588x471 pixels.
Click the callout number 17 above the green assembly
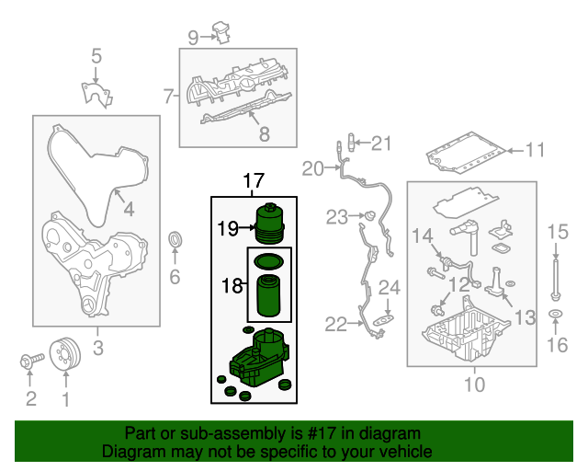click(253, 181)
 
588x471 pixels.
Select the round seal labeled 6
click(175, 241)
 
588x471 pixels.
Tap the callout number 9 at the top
click(193, 37)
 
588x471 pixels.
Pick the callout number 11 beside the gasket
click(535, 149)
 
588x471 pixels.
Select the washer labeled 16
click(556, 317)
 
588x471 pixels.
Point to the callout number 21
click(381, 143)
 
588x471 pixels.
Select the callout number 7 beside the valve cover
click(169, 95)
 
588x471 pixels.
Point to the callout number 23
click(337, 217)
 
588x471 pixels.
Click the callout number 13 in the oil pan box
click(524, 317)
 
